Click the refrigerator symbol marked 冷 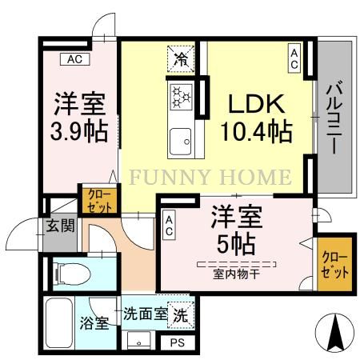tap(180, 58)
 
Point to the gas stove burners tap(179, 98)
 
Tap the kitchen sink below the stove tap(179, 141)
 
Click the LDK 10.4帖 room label tap(256, 117)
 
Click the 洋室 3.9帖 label tap(81, 118)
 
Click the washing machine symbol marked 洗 tap(182, 315)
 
